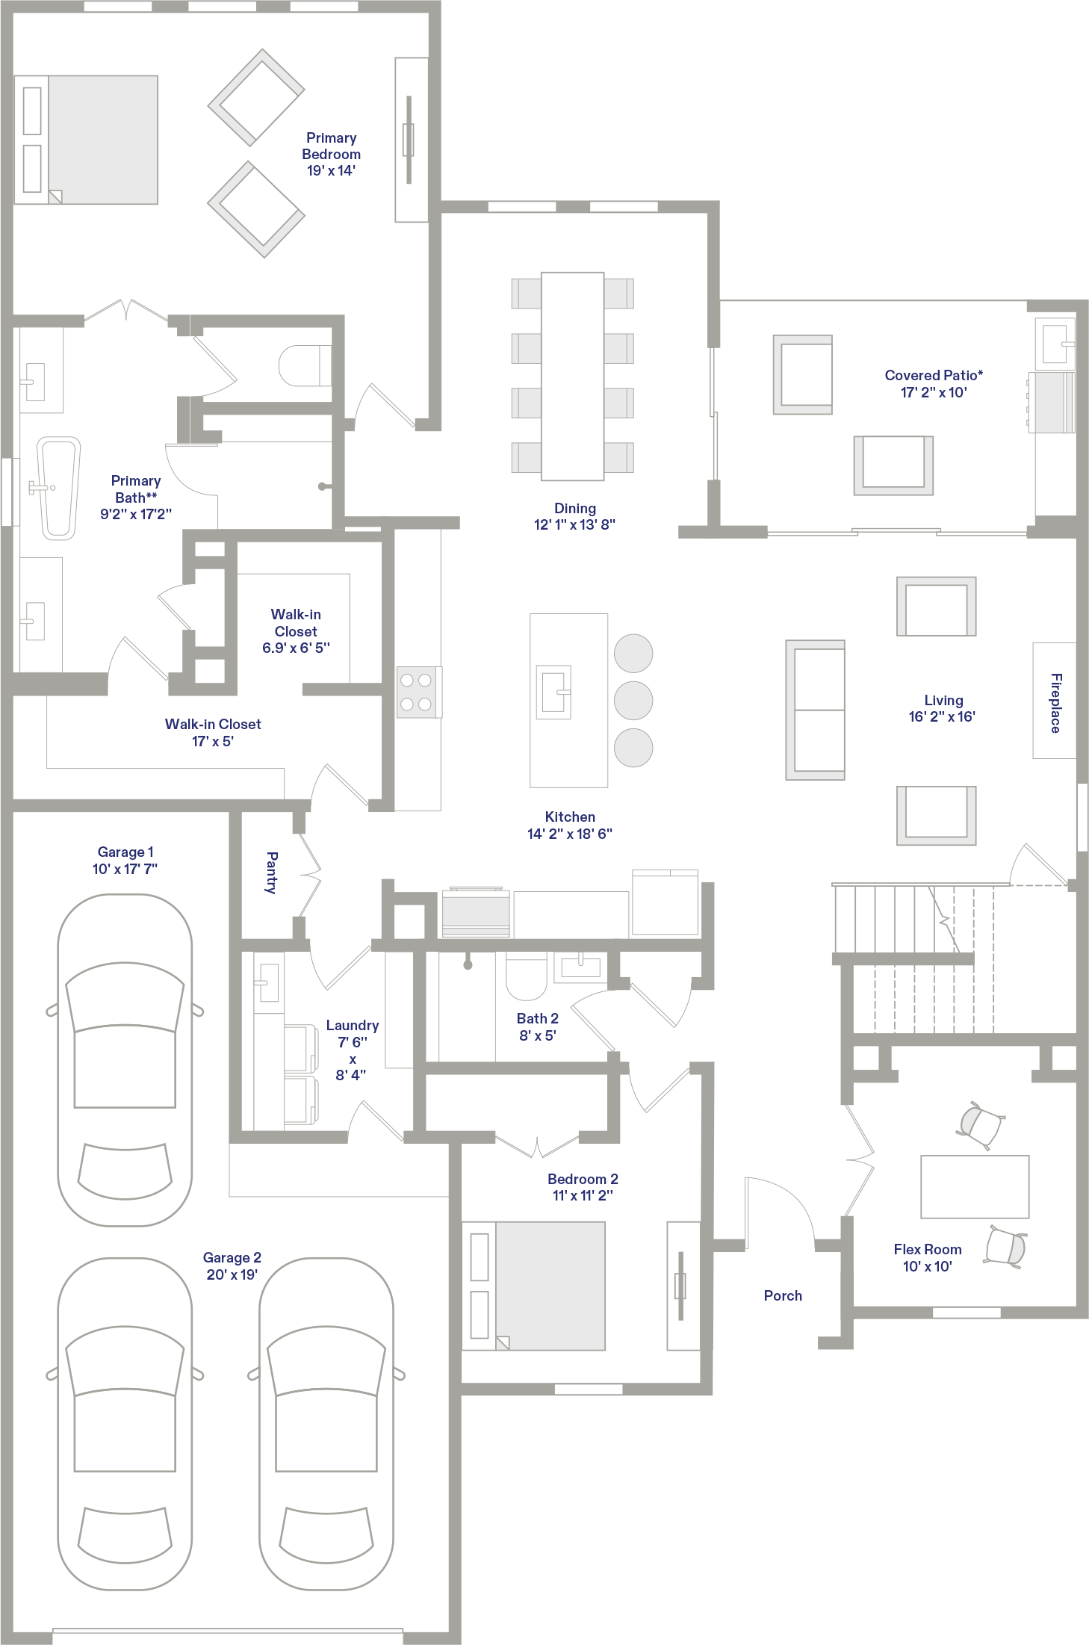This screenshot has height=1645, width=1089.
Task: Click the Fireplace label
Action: tap(1055, 703)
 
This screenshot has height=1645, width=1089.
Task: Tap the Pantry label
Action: tap(272, 872)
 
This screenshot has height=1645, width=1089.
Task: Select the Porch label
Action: tap(783, 1295)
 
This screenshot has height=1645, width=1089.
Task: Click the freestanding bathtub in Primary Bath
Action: tap(58, 488)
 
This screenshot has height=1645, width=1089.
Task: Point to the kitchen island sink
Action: tap(553, 692)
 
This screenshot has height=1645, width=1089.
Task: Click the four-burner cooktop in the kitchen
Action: tap(418, 692)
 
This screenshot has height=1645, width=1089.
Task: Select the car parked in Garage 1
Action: tap(125, 1059)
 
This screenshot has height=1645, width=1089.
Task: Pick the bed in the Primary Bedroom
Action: tap(86, 140)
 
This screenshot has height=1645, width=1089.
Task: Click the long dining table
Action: tap(572, 377)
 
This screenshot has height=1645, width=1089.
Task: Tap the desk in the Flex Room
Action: tap(975, 1186)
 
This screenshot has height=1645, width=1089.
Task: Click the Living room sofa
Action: tap(815, 710)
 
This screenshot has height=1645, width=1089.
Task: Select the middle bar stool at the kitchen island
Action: tap(633, 701)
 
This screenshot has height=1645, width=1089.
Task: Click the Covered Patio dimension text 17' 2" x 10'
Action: tap(934, 392)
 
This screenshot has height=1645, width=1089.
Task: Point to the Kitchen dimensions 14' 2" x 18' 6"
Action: tap(570, 834)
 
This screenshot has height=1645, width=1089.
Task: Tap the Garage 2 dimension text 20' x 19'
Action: tap(232, 1274)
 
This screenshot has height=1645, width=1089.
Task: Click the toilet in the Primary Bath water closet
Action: tap(305, 365)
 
